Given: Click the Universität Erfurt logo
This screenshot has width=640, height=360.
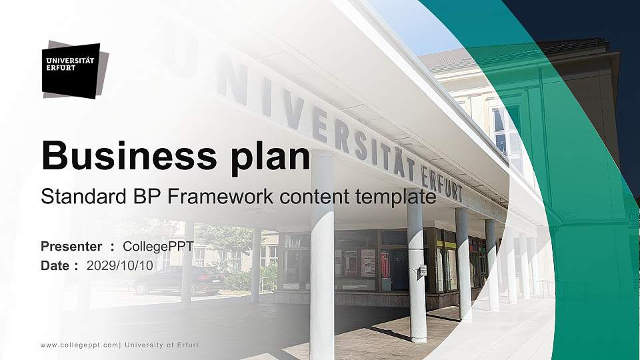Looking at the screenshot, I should pyautogui.click(x=72, y=70).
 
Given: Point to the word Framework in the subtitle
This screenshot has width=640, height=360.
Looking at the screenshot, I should pyautogui.click(x=219, y=197).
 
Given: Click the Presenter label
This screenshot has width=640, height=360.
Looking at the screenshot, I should pyautogui.click(x=71, y=247).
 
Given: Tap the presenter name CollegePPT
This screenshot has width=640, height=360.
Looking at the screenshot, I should pyautogui.click(x=159, y=247).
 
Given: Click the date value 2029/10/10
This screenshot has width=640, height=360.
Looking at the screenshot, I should pyautogui.click(x=120, y=265).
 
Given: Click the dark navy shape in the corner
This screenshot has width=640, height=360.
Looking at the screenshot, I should pyautogui.click(x=600, y=40).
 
